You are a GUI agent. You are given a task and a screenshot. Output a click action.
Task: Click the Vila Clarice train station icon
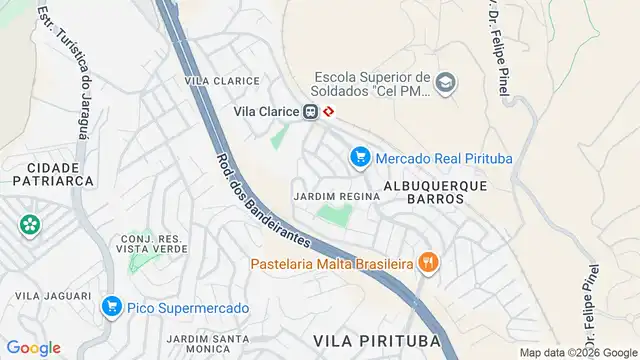311,112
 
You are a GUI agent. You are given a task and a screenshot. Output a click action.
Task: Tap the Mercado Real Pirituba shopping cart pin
360,157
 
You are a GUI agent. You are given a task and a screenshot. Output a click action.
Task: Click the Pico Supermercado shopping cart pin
111,308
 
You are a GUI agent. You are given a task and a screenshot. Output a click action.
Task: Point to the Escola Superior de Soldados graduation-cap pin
445,83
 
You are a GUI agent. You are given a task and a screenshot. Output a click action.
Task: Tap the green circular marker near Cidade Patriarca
30,223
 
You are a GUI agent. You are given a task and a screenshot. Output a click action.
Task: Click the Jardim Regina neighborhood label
337,196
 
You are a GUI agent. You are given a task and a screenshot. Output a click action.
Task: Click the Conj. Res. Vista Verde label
152,244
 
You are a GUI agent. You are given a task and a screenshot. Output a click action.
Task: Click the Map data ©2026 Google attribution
578,352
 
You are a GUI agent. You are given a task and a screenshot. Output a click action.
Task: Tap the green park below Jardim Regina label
335,216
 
